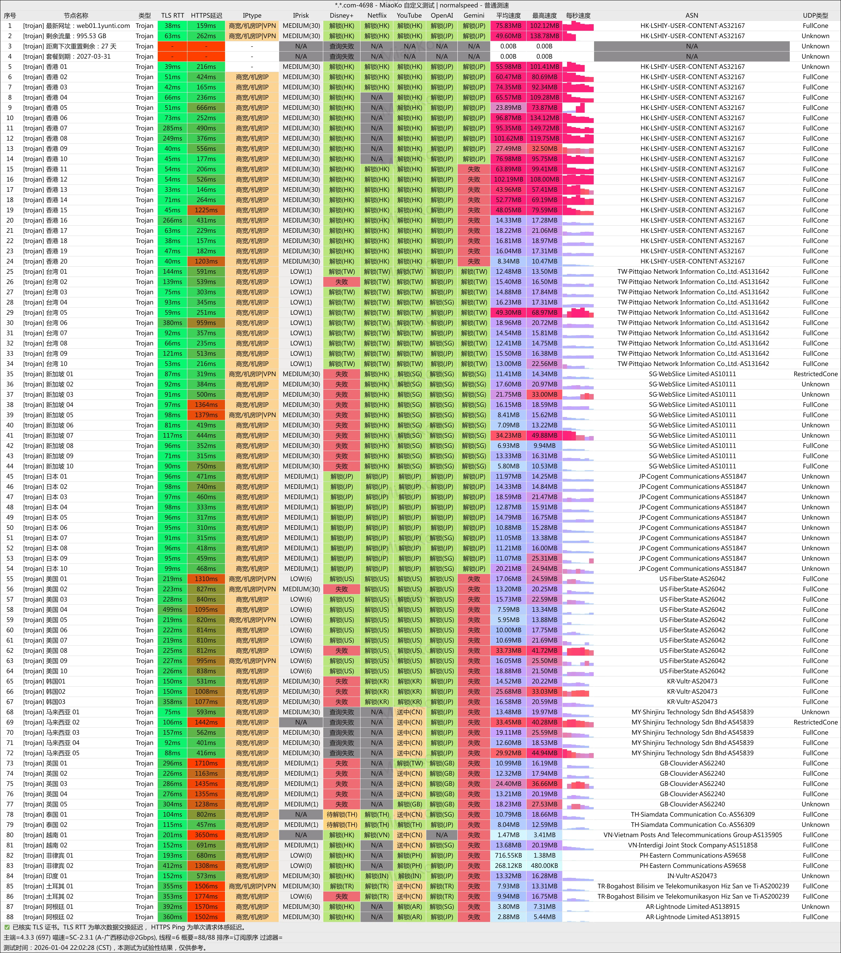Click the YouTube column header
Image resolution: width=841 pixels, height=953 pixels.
(x=409, y=15)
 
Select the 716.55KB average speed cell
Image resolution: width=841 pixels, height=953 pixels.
(x=508, y=856)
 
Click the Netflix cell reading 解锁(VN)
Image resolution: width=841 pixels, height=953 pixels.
(x=377, y=835)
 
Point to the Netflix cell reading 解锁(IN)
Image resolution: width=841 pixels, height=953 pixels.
(x=377, y=876)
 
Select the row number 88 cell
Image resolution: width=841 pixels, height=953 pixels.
(x=10, y=917)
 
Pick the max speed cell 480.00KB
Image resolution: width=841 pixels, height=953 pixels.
(x=544, y=866)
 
